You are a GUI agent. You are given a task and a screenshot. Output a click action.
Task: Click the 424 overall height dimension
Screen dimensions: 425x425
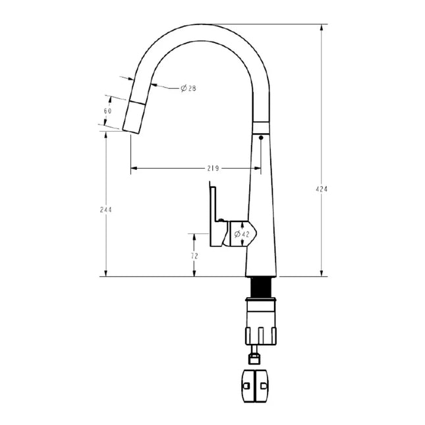[x=322, y=189]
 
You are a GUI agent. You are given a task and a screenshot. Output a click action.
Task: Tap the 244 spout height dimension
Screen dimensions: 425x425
[x=106, y=210]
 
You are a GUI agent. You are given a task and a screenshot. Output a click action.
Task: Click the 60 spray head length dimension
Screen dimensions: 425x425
[x=107, y=111]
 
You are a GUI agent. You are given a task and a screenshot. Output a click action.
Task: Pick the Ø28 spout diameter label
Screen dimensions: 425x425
[x=188, y=89]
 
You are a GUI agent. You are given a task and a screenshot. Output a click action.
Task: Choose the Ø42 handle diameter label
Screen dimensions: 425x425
[x=242, y=233]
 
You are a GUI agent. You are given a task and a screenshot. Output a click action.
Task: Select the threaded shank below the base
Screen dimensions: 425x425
[x=263, y=287]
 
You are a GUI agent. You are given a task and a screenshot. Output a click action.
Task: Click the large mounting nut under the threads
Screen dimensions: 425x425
[x=262, y=323]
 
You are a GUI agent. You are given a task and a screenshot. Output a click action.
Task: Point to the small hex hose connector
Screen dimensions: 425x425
[x=252, y=358]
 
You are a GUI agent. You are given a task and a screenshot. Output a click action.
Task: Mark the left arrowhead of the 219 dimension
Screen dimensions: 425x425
[x=133, y=168]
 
